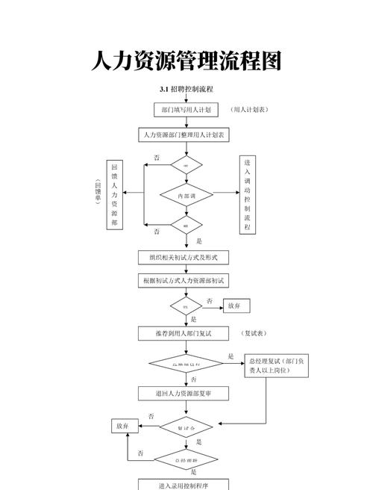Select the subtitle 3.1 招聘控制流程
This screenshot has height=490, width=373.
pyautogui.click(x=186, y=90)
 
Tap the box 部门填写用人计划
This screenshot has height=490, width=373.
pyautogui.click(x=186, y=110)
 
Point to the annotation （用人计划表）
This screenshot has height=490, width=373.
pyautogui.click(x=250, y=110)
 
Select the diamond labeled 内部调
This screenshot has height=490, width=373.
pyautogui.click(x=186, y=196)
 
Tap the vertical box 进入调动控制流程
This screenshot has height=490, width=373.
pyautogui.click(x=248, y=195)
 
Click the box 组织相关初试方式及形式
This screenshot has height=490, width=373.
pyautogui.click(x=184, y=257)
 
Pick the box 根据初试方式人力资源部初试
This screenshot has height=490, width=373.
pyautogui.click(x=184, y=281)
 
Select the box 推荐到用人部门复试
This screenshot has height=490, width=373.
pyautogui.click(x=184, y=333)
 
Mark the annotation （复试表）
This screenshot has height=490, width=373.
pyautogui.click(x=254, y=333)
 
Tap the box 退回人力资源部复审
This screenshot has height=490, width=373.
pyautogui.click(x=184, y=393)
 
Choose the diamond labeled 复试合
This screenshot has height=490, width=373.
pyautogui.click(x=186, y=429)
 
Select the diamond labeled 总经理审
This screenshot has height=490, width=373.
pyautogui.click(x=186, y=459)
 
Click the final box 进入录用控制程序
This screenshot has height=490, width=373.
pyautogui.click(x=184, y=485)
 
